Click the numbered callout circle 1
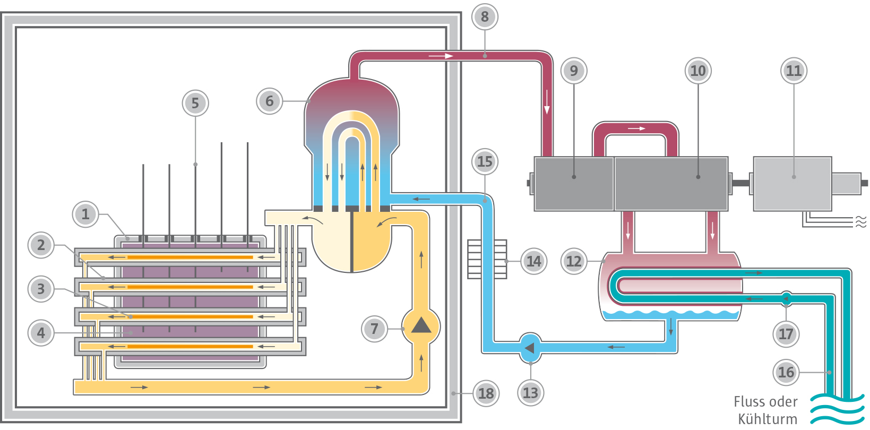click(85, 214)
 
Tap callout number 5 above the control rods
click(195, 103)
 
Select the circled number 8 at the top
click(484, 17)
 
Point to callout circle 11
click(794, 71)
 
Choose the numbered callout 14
click(533, 261)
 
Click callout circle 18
click(486, 393)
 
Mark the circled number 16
click(786, 372)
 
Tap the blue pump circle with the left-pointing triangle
click(530, 348)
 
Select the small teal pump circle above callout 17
click(786, 298)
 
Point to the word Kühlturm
click(767, 419)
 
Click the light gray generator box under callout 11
click(792, 183)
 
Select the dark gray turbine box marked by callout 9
click(573, 183)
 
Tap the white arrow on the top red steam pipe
click(441, 56)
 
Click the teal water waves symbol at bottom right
click(837, 409)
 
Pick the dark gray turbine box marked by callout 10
click(671, 183)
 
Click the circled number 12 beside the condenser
click(573, 261)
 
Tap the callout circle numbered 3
click(41, 289)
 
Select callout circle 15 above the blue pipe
click(484, 161)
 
